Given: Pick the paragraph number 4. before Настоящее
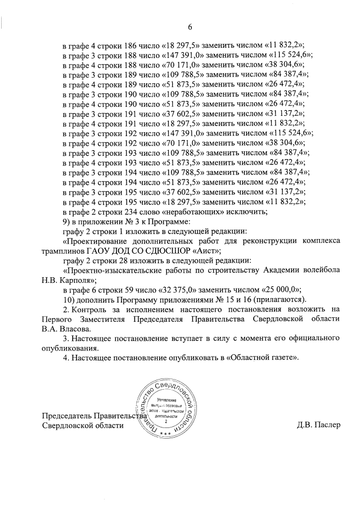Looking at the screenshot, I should (66, 357).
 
